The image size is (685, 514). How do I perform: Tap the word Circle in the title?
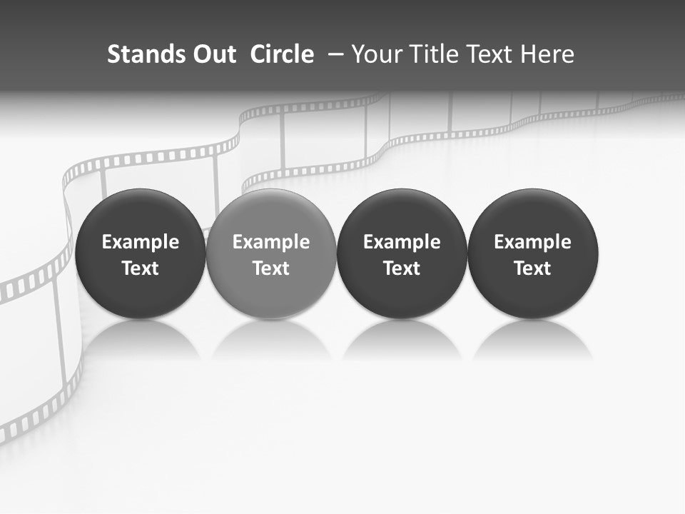[x=282, y=54]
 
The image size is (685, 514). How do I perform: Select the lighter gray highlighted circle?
[x=271, y=254]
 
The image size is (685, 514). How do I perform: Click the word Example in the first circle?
[x=140, y=242]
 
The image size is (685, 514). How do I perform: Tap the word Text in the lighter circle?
[x=271, y=268]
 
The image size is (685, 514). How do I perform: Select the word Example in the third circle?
[x=402, y=242]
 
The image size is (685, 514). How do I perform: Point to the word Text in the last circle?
[x=533, y=268]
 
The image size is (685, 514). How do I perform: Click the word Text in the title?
[x=491, y=54]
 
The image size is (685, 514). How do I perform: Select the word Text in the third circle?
[x=402, y=268]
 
